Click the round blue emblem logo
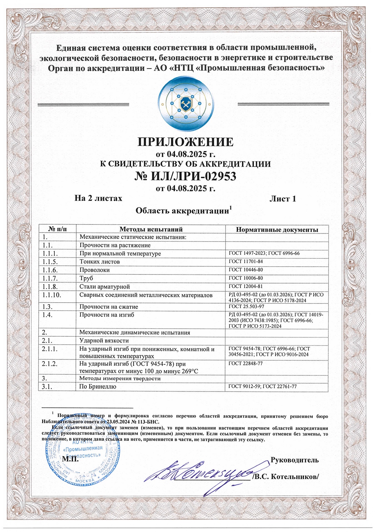point(186,104)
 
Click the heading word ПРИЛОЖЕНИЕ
point(186,142)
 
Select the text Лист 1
point(283,199)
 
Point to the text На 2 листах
point(98,198)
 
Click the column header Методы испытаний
point(151,229)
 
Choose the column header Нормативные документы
point(277,230)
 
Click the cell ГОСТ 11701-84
point(246,262)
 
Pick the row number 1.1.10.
point(52,295)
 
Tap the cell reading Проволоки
point(94,270)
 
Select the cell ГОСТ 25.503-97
point(246,306)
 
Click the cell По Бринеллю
point(98,387)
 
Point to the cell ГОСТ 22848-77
point(245,363)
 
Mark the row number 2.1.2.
point(50,364)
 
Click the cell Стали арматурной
point(104,287)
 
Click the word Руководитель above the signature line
point(295,460)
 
